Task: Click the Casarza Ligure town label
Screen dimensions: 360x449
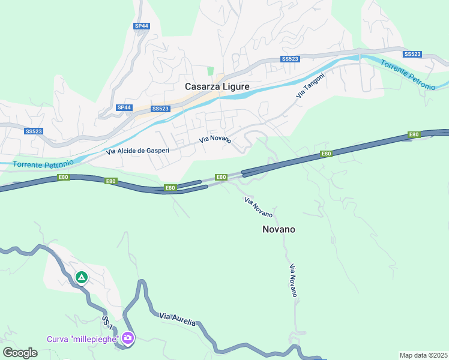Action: pyautogui.click(x=217, y=86)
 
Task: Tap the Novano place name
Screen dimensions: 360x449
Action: pyautogui.click(x=279, y=229)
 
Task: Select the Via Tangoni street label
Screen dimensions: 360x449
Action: pyautogui.click(x=310, y=85)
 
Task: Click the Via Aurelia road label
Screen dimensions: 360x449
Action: pyautogui.click(x=178, y=319)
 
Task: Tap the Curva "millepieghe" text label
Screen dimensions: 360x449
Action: pyautogui.click(x=83, y=339)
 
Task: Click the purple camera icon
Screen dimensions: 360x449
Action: pyautogui.click(x=127, y=338)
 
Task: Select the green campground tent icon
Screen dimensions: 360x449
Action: pyautogui.click(x=82, y=278)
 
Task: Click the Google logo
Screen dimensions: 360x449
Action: pyautogui.click(x=20, y=353)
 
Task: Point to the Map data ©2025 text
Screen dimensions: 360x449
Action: pyautogui.click(x=423, y=355)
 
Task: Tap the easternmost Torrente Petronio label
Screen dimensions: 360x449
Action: pyautogui.click(x=408, y=75)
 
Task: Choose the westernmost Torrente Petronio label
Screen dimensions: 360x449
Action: pyautogui.click(x=43, y=163)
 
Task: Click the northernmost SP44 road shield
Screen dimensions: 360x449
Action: pyautogui.click(x=141, y=26)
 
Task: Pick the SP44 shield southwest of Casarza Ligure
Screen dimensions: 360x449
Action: pyautogui.click(x=124, y=107)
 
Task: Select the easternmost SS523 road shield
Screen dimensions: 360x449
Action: pyautogui.click(x=412, y=54)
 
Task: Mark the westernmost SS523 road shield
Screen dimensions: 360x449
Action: pyautogui.click(x=34, y=131)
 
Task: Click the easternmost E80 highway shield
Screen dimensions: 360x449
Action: pyautogui.click(x=414, y=134)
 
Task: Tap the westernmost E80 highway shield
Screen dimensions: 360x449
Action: pyautogui.click(x=64, y=177)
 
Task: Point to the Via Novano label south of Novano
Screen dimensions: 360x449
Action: pyautogui.click(x=293, y=281)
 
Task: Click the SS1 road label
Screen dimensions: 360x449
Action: pyautogui.click(x=107, y=322)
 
